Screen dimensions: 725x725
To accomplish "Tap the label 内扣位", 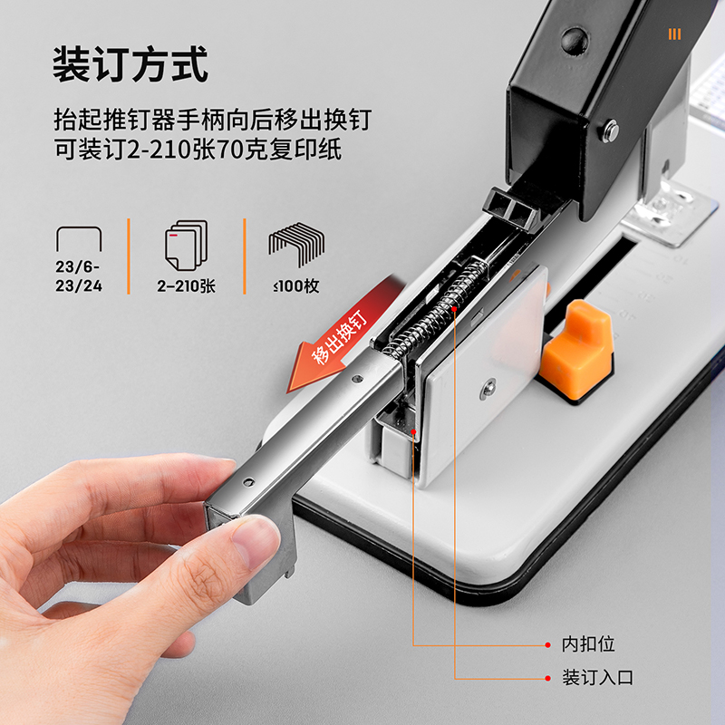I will [588, 644].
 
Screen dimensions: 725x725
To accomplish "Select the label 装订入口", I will [597, 677].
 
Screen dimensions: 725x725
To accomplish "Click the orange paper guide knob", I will [575, 344].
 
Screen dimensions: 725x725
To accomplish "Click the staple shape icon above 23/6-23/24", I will [79, 239].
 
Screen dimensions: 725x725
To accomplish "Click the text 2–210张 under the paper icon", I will [186, 287].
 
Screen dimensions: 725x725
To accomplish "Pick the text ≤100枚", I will [295, 287].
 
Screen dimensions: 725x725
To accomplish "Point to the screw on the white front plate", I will [488, 389].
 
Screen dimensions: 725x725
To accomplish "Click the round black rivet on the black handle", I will [573, 39].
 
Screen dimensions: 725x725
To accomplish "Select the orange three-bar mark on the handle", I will [673, 34].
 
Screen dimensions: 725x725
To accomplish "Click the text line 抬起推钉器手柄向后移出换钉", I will [211, 119].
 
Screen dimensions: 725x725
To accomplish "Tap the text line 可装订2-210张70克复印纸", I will [197, 150].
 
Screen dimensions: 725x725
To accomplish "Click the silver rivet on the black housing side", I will [612, 131].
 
